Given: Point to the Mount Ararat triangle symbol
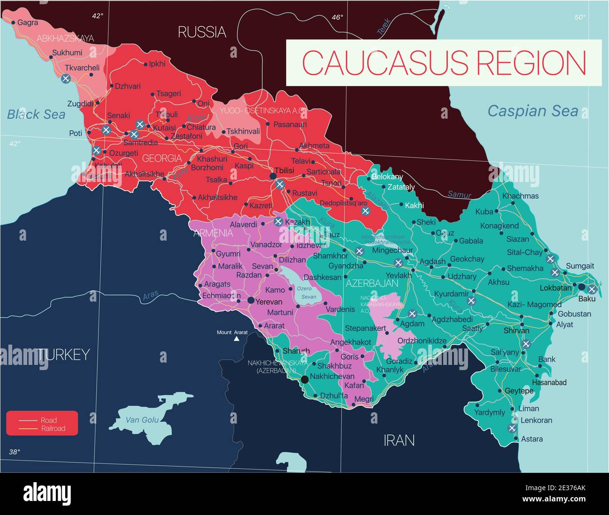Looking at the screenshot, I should tap(237, 338).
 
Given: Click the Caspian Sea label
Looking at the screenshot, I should tap(533, 111).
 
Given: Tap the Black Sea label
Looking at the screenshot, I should tap(36, 114).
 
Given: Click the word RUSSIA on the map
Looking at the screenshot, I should tap(202, 32).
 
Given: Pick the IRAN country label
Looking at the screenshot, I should tap(399, 440).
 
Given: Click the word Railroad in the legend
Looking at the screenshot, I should tap(53, 428).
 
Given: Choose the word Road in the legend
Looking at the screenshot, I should tap(49, 420).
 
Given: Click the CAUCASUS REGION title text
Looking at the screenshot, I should tap(444, 62).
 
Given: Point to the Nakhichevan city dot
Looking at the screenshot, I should tap(305, 379).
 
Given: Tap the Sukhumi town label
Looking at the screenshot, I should tap(67, 53).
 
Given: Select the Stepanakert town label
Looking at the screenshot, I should tap(365, 328).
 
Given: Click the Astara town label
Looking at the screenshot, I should tap(532, 439).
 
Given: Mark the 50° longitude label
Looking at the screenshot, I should tap(580, 17).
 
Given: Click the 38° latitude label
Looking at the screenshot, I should tap(15, 452).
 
